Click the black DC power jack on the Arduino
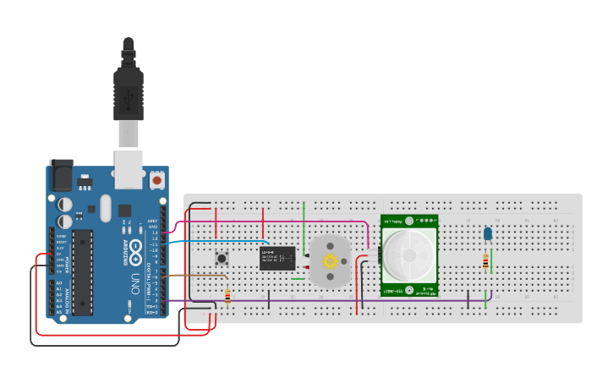pyautogui.click(x=61, y=175)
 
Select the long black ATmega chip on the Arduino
pyautogui.click(x=82, y=271)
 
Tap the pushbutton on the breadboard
pyautogui.click(x=222, y=259)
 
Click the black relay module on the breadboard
pyautogui.click(x=277, y=258)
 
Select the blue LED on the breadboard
pyautogui.click(x=487, y=233)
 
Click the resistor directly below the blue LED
pyautogui.click(x=485, y=261)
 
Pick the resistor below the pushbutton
pyautogui.click(x=227, y=296)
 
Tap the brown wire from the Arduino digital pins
pyautogui.click(x=194, y=274)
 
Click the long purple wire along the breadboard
pyautogui.click(x=338, y=300)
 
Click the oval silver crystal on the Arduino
pyautogui.click(x=105, y=207)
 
